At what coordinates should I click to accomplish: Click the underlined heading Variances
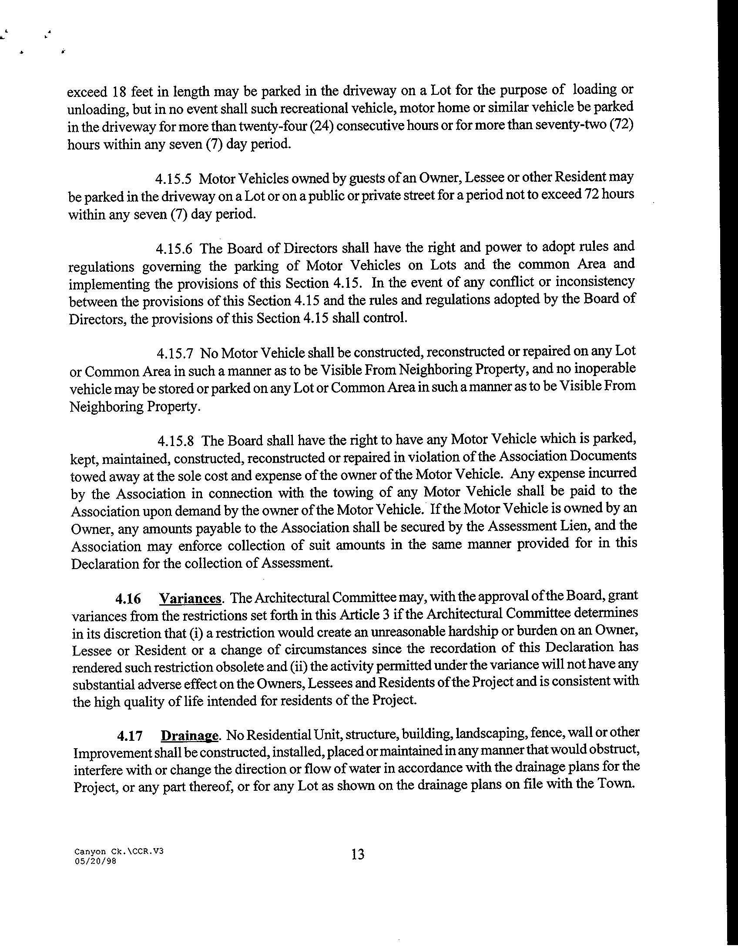191,598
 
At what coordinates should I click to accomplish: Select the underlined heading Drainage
189,736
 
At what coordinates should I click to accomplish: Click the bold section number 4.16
128,599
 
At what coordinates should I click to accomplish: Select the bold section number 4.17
130,736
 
